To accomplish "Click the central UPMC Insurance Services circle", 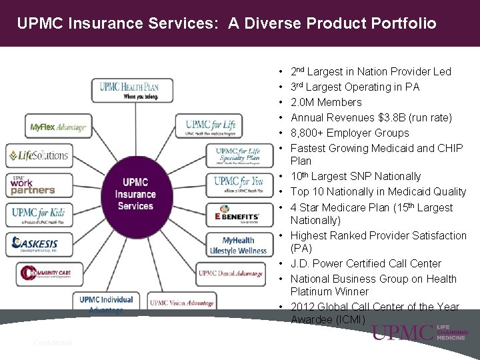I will coord(135,194).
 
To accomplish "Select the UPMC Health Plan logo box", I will coord(132,90).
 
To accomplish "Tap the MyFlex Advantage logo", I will coord(58,127).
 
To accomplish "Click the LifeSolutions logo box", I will coord(39,155).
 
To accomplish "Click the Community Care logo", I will coord(51,273).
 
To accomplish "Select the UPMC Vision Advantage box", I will coord(181,303).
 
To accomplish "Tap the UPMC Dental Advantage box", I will coord(231,273).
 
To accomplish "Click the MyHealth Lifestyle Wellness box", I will coord(239,245).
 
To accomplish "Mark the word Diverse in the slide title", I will coord(259,24).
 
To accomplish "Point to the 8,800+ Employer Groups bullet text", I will coord(350,133).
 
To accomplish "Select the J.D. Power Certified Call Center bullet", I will coord(365,263).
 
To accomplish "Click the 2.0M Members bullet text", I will coord(326,102).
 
